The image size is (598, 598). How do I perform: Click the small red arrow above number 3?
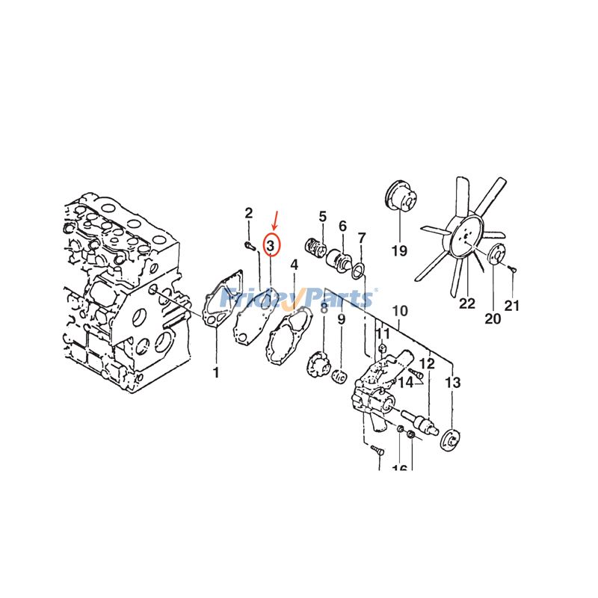[275, 220]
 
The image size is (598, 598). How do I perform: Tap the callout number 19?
[399, 251]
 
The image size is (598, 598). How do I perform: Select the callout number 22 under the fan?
[467, 303]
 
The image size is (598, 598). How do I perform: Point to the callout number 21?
[511, 305]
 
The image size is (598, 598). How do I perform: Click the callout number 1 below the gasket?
[216, 372]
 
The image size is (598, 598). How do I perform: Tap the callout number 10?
[400, 311]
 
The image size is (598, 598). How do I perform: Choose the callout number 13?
[453, 383]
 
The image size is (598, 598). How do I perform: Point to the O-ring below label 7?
[359, 269]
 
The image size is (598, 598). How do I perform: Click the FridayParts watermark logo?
[299, 299]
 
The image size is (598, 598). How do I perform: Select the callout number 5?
[323, 217]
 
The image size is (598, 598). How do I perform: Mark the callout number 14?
[405, 383]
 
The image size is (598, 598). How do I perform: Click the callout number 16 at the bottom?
[399, 468]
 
